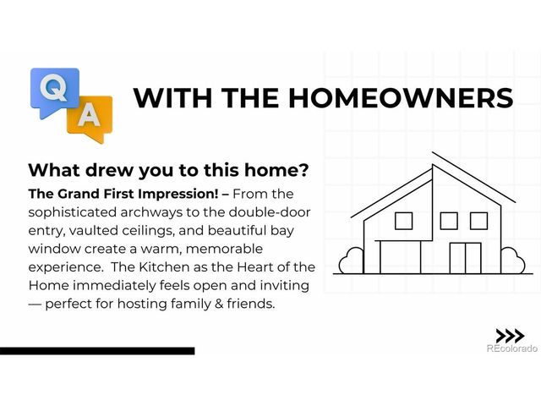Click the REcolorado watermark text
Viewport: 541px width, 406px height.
pos(511,348)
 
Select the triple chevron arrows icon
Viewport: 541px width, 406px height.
pos(509,335)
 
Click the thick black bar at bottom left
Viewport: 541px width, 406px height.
pos(97,350)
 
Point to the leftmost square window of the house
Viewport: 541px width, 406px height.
pos(403,222)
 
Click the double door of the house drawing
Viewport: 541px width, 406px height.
pos(464,257)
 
